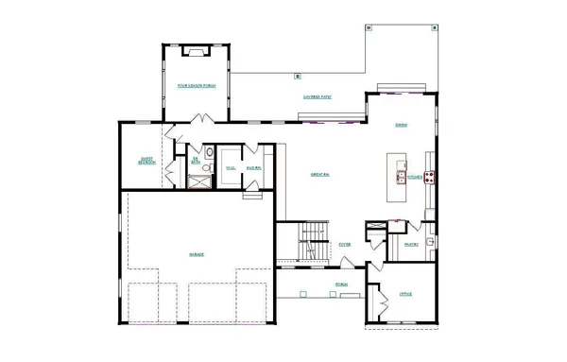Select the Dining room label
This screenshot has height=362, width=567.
pyautogui.click(x=402, y=125)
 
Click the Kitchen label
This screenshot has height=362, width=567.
pyautogui.click(x=414, y=177)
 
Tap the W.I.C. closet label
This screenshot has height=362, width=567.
pyautogui.click(x=230, y=168)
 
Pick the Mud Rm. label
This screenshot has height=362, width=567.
pyautogui.click(x=254, y=168)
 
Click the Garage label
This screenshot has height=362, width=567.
pyautogui.click(x=197, y=254)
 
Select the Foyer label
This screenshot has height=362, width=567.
pyautogui.click(x=345, y=244)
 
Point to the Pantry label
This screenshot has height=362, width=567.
pyautogui.click(x=411, y=245)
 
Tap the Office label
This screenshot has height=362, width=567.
pyautogui.click(x=405, y=295)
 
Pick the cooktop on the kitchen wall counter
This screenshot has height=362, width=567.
pyautogui.click(x=429, y=176)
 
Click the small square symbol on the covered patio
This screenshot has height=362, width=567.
pyautogui.click(x=298, y=75)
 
